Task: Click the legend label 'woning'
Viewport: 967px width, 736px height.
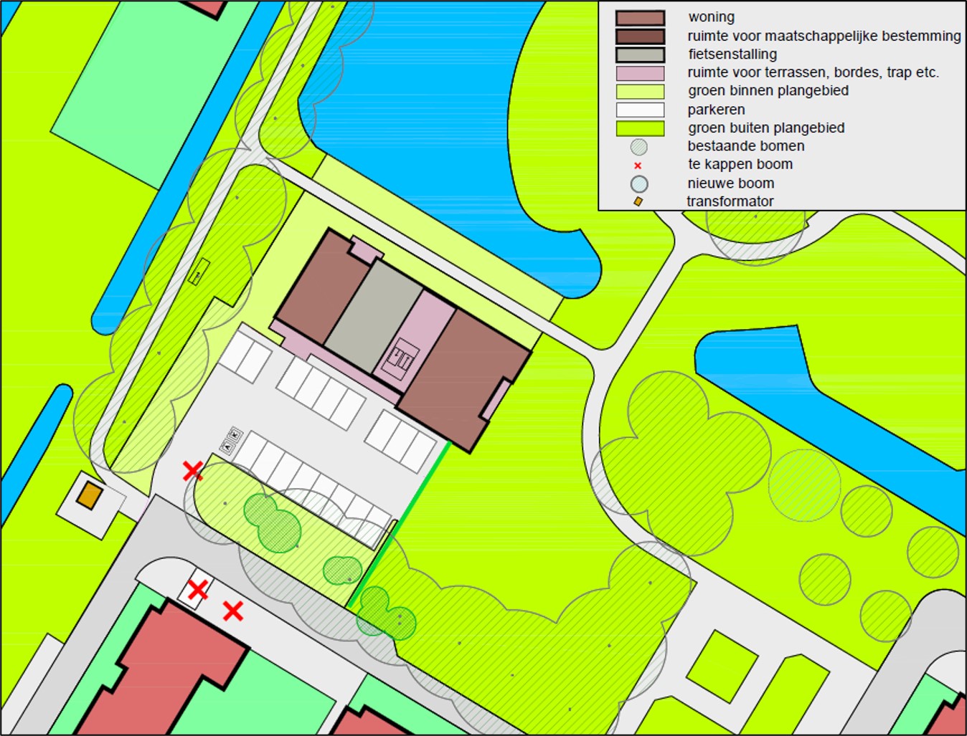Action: pyautogui.click(x=711, y=17)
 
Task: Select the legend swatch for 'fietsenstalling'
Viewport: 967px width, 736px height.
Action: pyautogui.click(x=640, y=54)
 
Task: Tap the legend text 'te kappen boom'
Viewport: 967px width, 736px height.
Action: pyautogui.click(x=740, y=164)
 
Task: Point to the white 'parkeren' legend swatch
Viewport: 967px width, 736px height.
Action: pyautogui.click(x=640, y=110)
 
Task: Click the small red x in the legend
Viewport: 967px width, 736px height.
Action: pyautogui.click(x=638, y=166)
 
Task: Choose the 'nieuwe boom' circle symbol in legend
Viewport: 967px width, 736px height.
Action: pyautogui.click(x=638, y=184)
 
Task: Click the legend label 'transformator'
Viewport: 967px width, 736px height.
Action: pyautogui.click(x=730, y=201)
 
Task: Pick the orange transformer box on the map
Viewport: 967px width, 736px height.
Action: pyautogui.click(x=88, y=496)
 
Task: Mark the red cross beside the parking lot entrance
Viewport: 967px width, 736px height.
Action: pyautogui.click(x=192, y=471)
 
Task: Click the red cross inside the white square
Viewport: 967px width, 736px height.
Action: pyautogui.click(x=197, y=590)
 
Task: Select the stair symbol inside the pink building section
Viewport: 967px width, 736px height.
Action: pyautogui.click(x=400, y=357)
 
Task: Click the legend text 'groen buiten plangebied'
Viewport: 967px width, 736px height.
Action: pyautogui.click(x=765, y=128)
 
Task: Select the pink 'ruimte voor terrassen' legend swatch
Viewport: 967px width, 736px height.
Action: pyautogui.click(x=640, y=73)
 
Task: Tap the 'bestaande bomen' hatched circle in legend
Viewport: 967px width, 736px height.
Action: pyautogui.click(x=638, y=147)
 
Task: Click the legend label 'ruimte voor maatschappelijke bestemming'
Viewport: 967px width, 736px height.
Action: pyautogui.click(x=824, y=36)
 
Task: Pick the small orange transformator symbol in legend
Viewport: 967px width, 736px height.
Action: pyautogui.click(x=638, y=201)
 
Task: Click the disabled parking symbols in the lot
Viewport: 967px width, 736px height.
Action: pyautogui.click(x=232, y=441)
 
